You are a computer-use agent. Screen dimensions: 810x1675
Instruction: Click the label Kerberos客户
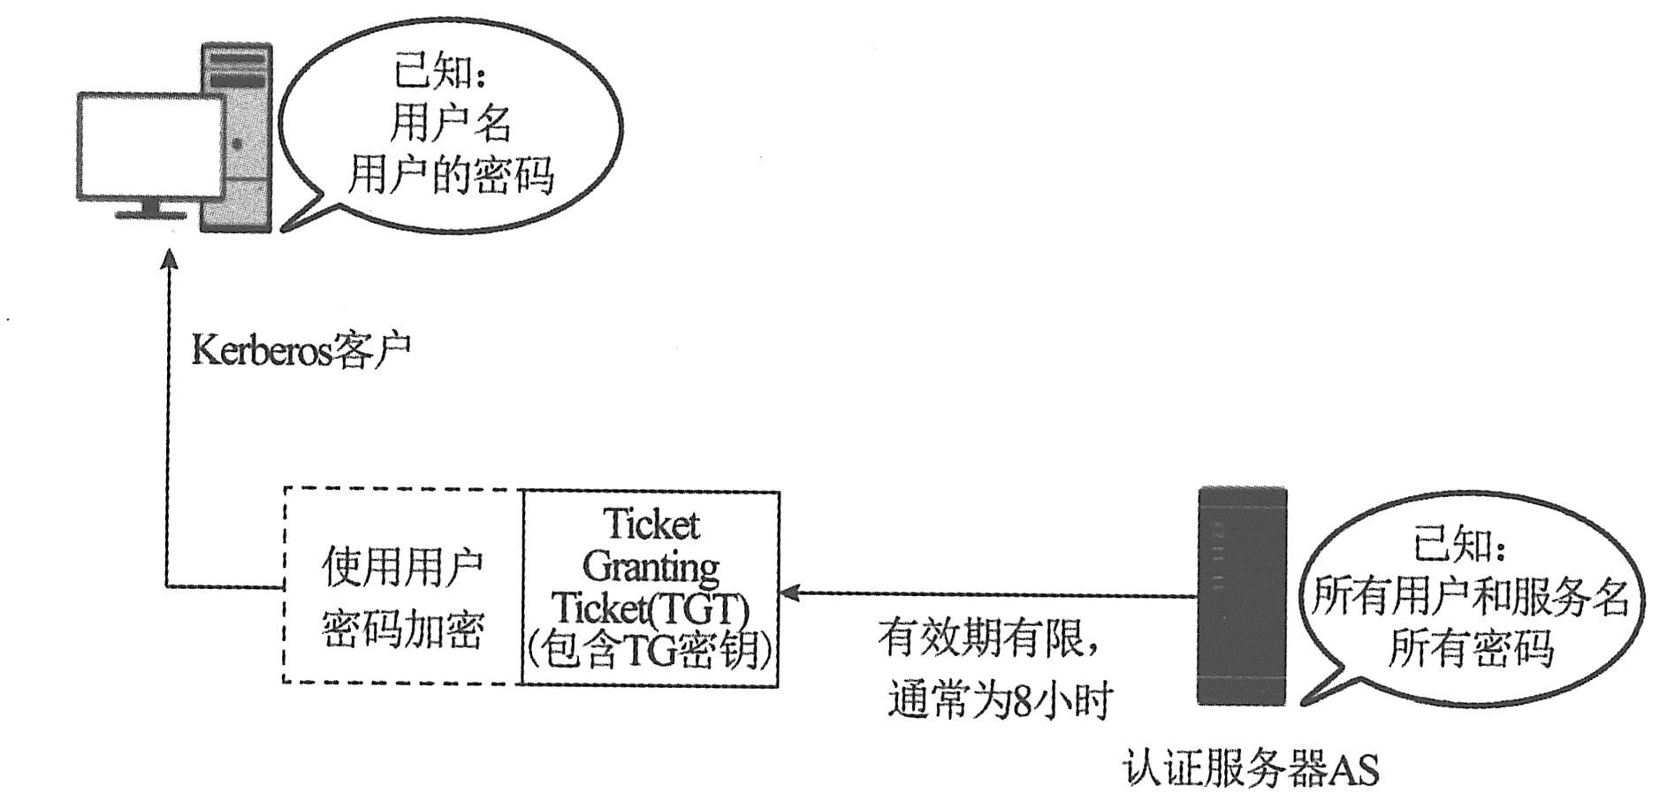pyautogui.click(x=301, y=351)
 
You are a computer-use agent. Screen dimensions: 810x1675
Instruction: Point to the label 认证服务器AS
pyautogui.click(x=1252, y=769)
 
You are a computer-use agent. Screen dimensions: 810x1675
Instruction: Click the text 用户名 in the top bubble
pyautogui.click(x=450, y=123)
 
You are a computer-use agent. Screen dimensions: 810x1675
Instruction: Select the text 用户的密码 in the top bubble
pyautogui.click(x=450, y=173)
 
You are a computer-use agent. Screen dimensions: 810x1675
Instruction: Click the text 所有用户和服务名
pyautogui.click(x=1470, y=597)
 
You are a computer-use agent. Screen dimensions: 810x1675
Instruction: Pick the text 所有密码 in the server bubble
pyautogui.click(x=1470, y=648)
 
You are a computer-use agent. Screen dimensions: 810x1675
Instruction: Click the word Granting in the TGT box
pyautogui.click(x=651, y=566)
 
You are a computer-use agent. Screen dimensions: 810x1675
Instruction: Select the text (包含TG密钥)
pyautogui.click(x=651, y=651)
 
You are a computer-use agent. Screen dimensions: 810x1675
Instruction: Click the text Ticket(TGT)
pyautogui.click(x=651, y=608)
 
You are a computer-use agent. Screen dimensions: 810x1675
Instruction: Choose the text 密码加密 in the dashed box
pyautogui.click(x=402, y=630)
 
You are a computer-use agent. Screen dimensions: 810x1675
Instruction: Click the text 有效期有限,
pyautogui.click(x=990, y=638)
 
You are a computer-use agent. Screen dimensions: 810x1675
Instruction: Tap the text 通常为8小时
pyautogui.click(x=999, y=700)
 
